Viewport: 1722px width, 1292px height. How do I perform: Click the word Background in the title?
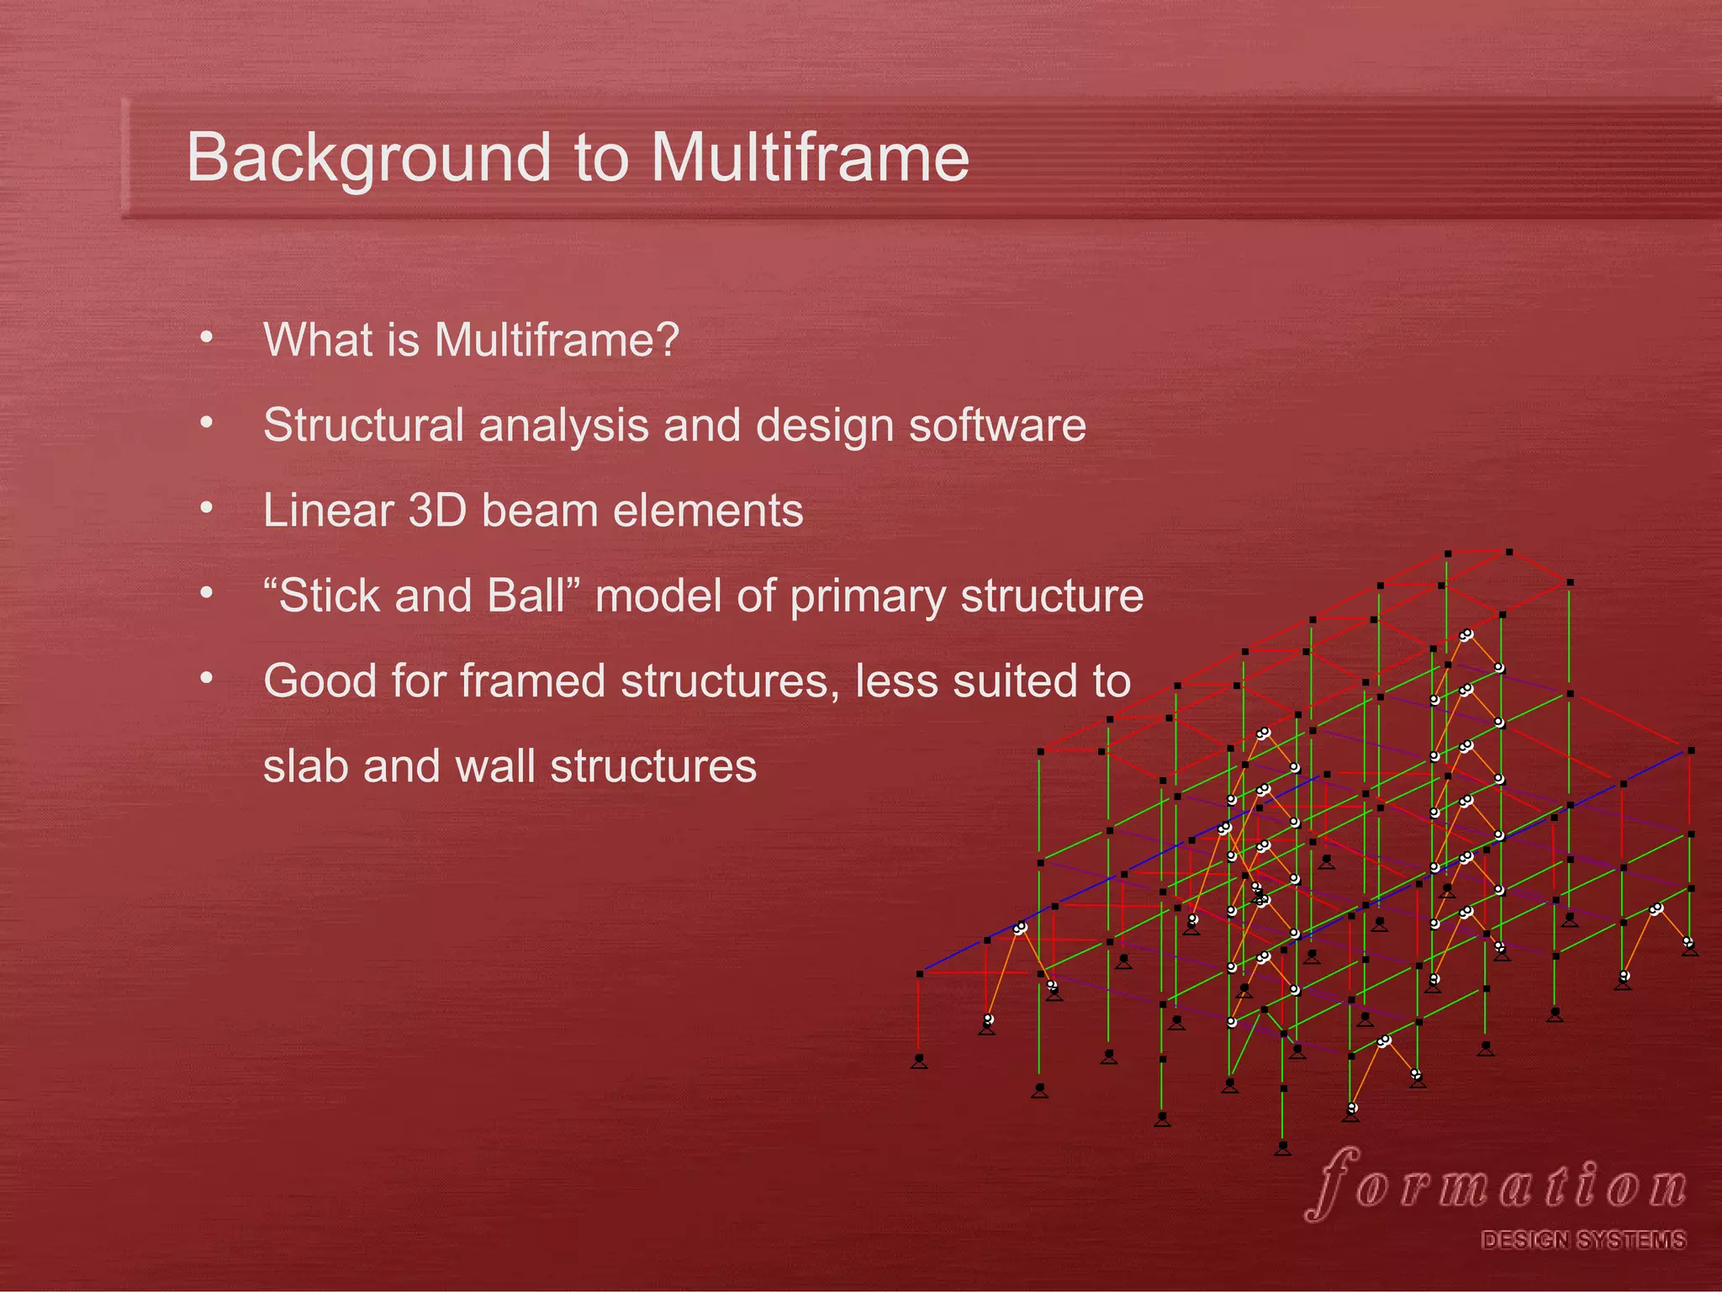pos(367,158)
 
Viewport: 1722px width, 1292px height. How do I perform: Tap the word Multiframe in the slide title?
pos(809,158)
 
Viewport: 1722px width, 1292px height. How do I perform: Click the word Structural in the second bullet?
pos(363,426)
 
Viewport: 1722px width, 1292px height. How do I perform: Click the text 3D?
pos(436,511)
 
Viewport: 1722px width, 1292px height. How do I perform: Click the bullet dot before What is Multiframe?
pos(207,338)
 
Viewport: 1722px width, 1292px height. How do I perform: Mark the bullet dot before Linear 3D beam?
pos(207,509)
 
